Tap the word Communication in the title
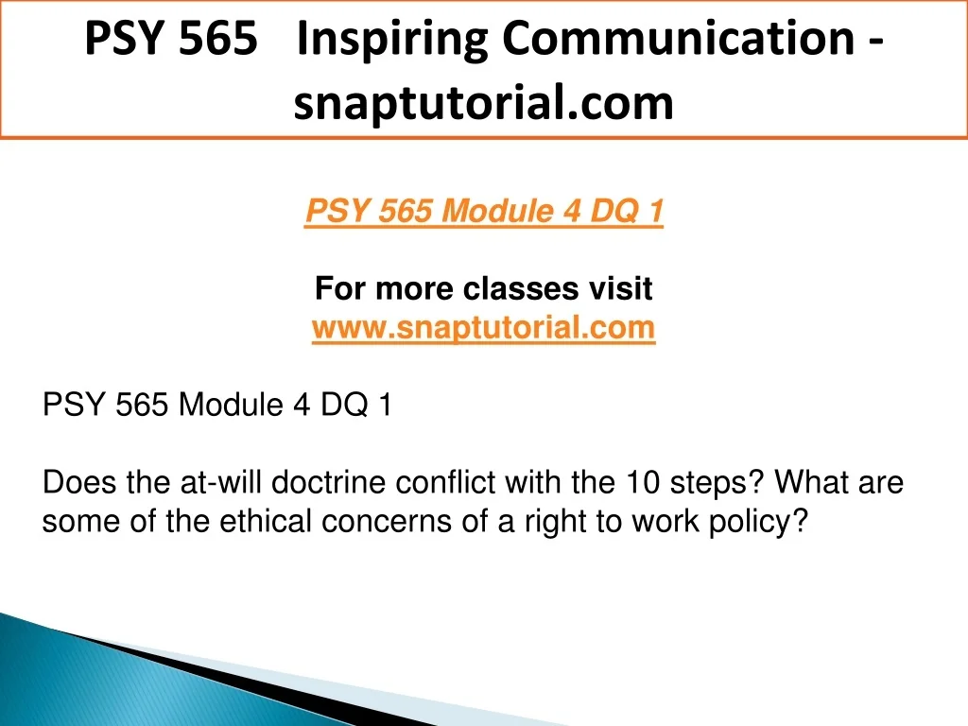(679, 38)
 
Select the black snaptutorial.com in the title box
(483, 103)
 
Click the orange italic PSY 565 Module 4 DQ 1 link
(484, 211)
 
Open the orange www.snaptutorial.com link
(483, 327)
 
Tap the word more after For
(414, 289)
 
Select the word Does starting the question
(79, 481)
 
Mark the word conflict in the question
(445, 481)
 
